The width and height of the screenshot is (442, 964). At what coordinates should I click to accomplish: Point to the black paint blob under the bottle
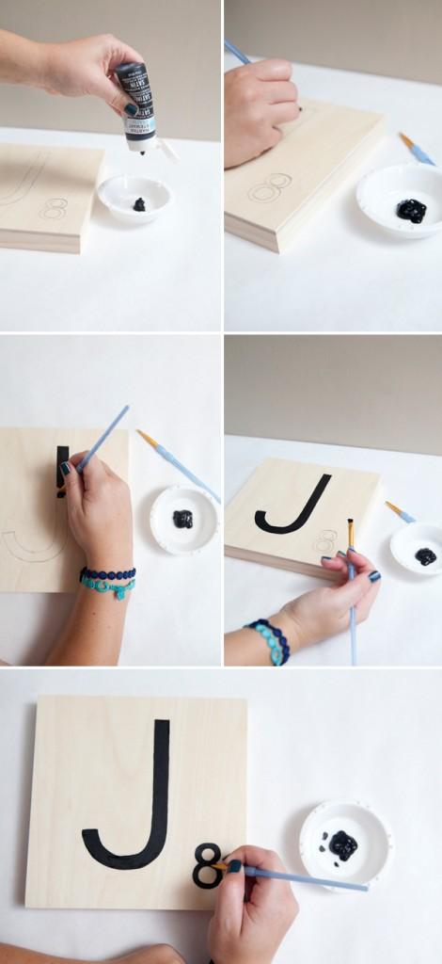pos(139,204)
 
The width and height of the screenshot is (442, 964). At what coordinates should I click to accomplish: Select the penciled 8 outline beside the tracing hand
pos(270,186)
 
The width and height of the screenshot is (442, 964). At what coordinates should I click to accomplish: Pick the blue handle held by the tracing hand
pos(237,52)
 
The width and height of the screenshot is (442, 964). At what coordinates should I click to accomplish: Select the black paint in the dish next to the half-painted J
pos(182,518)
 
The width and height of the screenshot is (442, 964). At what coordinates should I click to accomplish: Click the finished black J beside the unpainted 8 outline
pos(293,508)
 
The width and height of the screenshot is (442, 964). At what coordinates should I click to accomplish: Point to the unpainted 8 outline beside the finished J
pos(326,540)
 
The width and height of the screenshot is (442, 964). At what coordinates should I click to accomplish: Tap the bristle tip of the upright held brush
pos(350,532)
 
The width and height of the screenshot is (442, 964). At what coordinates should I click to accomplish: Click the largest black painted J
pos(132,800)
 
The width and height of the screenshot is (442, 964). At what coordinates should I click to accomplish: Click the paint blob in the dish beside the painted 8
pos(342,844)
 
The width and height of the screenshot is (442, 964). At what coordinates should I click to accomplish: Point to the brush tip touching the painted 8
pos(218,865)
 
